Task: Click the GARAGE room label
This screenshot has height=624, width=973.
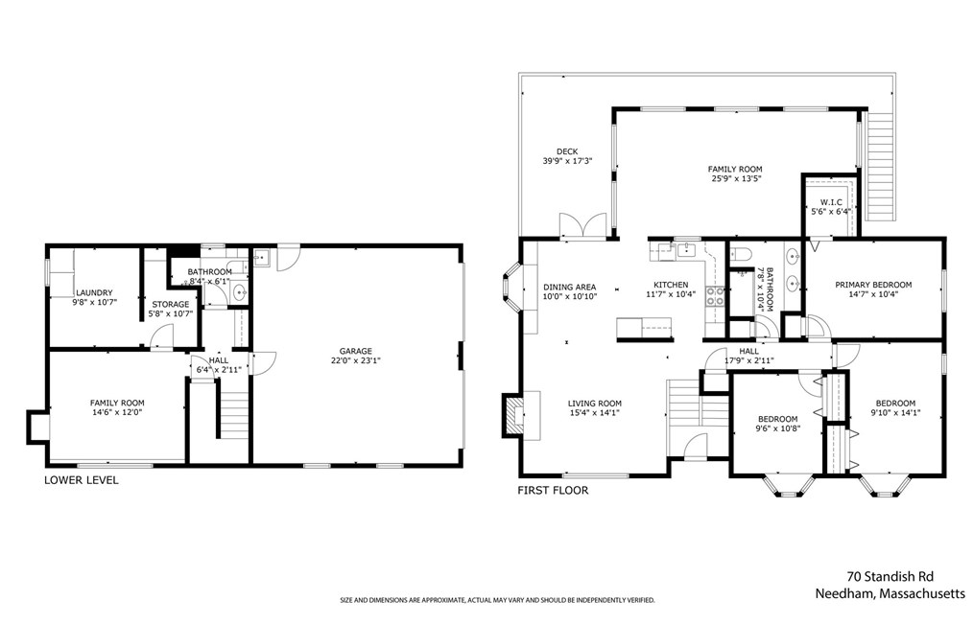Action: point(356,352)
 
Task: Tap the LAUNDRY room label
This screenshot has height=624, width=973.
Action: point(94,293)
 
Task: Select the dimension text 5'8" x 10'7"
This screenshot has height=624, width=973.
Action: point(171,313)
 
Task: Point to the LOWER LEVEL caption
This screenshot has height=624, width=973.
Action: point(82,480)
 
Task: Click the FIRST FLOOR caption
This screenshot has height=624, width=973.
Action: point(553,491)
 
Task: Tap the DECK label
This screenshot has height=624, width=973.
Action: point(567,151)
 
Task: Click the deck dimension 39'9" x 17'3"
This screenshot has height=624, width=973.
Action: point(567,161)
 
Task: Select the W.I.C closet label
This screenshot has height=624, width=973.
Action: point(831,202)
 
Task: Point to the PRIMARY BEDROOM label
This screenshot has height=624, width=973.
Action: point(873,285)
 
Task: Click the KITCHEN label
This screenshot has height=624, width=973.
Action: point(671,285)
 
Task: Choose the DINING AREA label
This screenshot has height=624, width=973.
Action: point(570,287)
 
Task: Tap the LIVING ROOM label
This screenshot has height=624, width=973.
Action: point(595,404)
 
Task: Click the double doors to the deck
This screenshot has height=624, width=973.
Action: point(582,225)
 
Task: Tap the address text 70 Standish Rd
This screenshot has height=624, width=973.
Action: point(890,577)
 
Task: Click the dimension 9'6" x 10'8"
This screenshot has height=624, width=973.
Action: point(777,428)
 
